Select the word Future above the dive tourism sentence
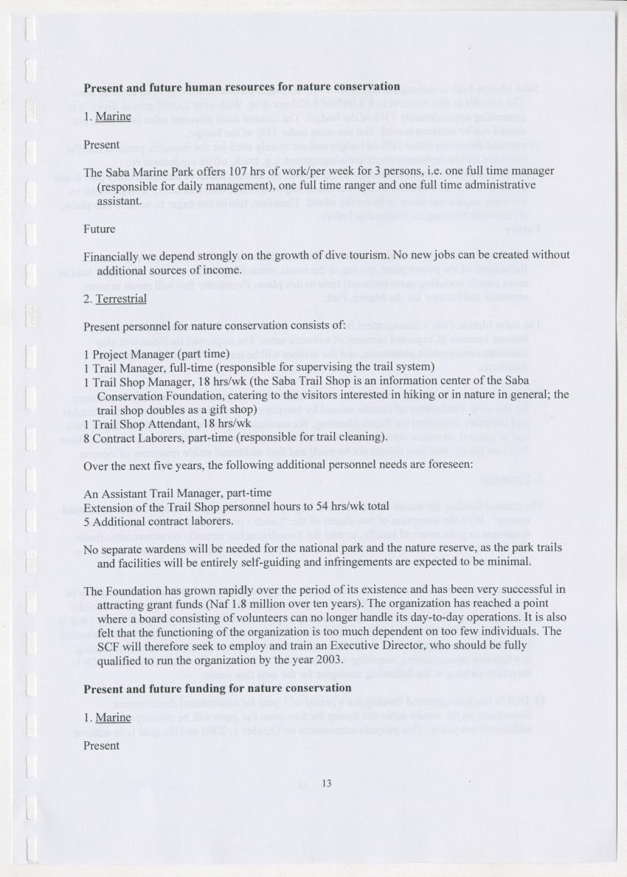(100, 229)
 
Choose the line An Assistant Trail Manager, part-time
(178, 493)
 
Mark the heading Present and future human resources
(242, 87)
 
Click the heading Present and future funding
(217, 688)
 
